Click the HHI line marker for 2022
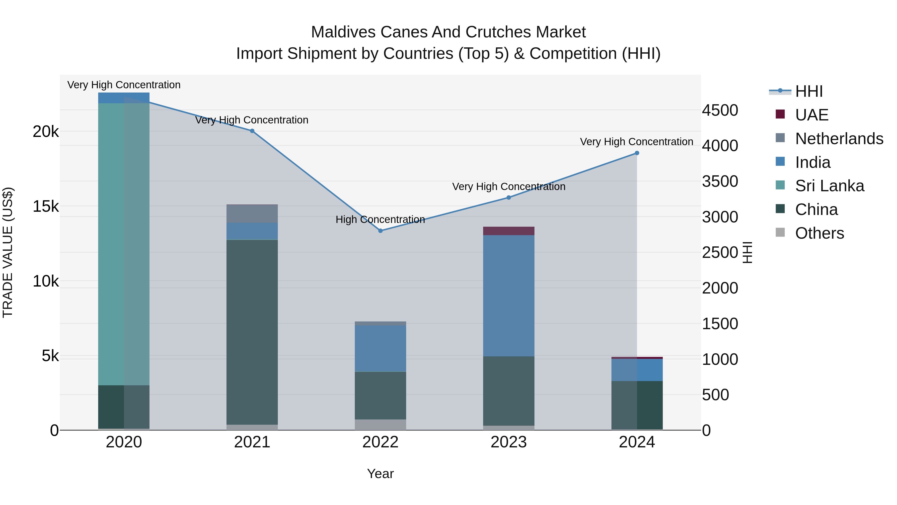(x=380, y=231)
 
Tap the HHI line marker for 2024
(x=637, y=153)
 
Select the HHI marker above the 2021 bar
(x=252, y=131)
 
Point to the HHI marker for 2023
(x=508, y=198)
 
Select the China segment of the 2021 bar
(x=252, y=331)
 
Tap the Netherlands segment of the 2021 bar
(x=252, y=214)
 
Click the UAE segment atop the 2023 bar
(x=508, y=231)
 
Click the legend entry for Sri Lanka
(x=829, y=186)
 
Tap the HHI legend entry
(x=809, y=91)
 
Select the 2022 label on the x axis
(x=380, y=442)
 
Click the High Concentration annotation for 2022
(x=380, y=219)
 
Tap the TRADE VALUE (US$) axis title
(x=8, y=252)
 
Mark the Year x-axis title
(x=380, y=474)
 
